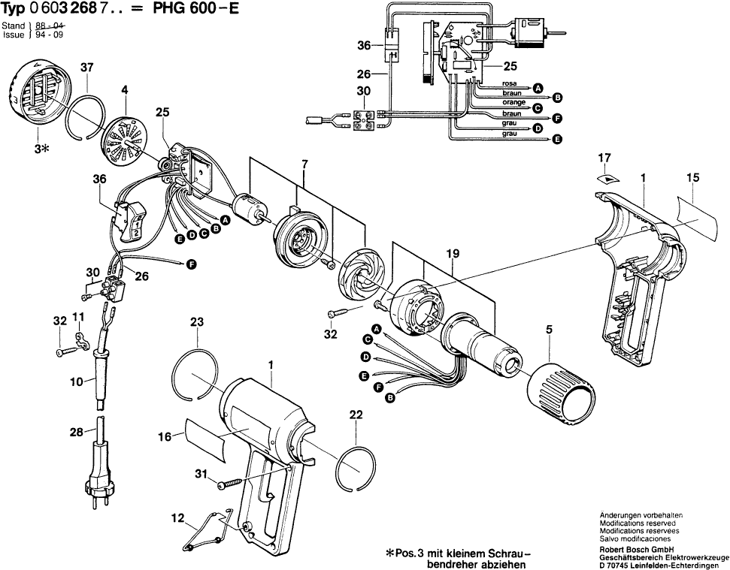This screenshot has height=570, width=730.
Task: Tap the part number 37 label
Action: click(87, 68)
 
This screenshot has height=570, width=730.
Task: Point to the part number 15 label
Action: click(692, 178)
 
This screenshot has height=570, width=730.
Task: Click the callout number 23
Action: click(197, 322)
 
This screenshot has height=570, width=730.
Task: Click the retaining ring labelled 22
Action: click(356, 469)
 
